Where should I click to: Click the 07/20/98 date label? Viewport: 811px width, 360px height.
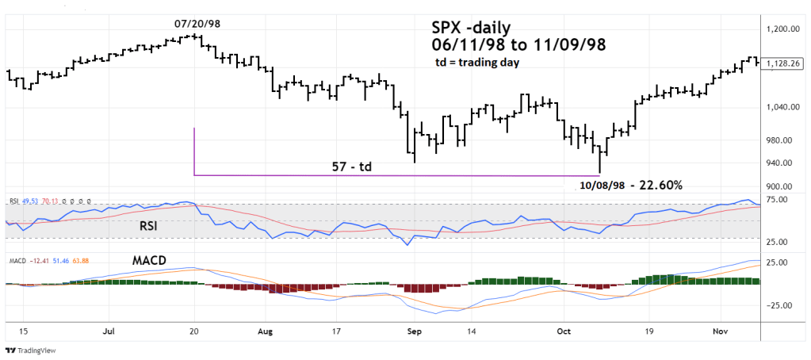(x=197, y=23)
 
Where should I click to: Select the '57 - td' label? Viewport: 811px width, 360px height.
(x=352, y=167)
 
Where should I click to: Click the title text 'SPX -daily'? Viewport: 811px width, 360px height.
(x=465, y=27)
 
